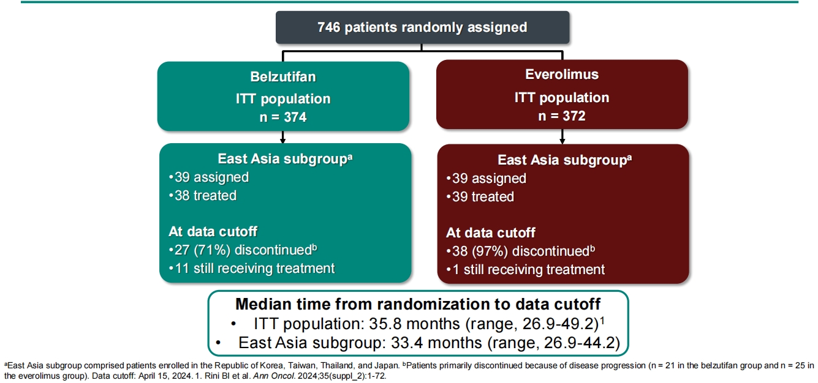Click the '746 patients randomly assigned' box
point(422,28)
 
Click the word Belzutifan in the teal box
point(282,77)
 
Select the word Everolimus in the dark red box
point(562,75)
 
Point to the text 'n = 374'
point(282,116)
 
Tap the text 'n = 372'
point(562,115)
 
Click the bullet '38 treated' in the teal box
point(203,196)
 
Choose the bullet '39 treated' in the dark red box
point(480,197)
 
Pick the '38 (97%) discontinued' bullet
point(519,251)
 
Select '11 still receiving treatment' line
point(252,268)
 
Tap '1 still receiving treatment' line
point(526,269)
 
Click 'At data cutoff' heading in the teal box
point(213,231)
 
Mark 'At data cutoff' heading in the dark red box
point(490,232)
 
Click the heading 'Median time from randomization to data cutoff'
point(417,304)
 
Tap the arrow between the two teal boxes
point(282,136)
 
